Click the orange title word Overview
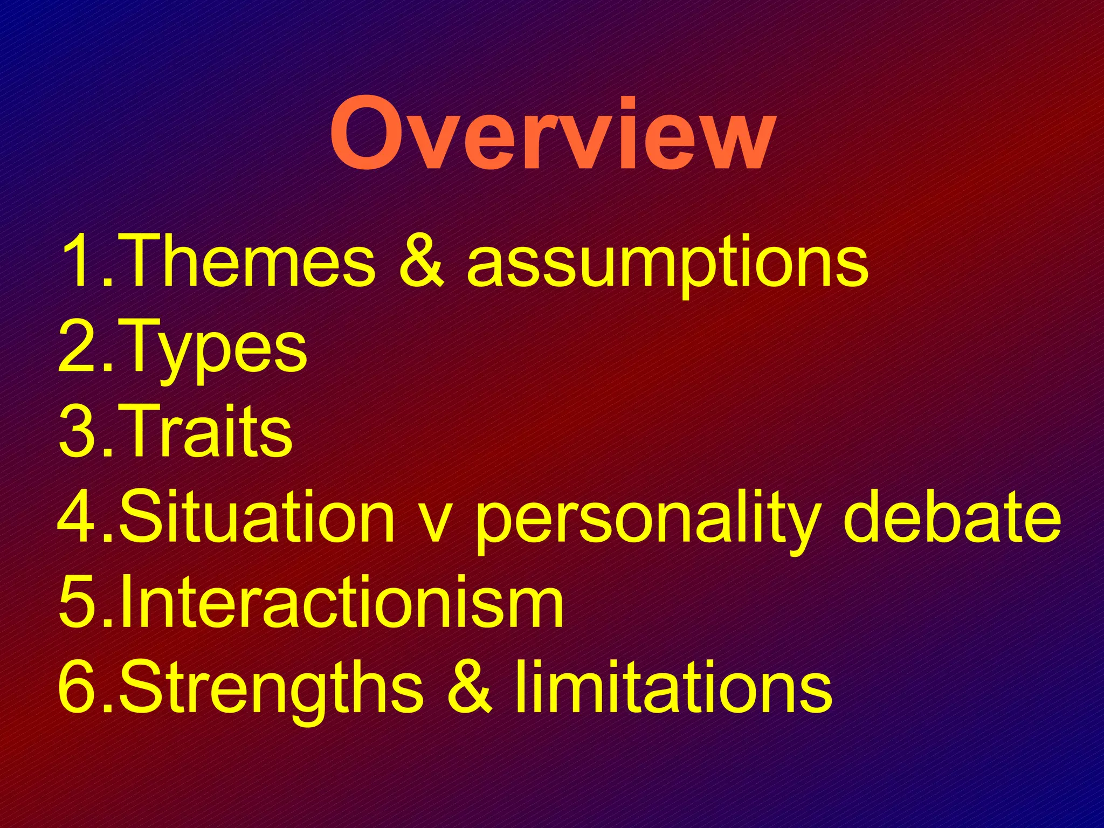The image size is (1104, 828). point(553,135)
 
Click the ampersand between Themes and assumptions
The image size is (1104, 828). point(422,261)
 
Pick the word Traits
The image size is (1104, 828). point(204,431)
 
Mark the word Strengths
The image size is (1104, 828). point(271,687)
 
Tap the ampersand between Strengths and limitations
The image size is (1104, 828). point(470,686)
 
